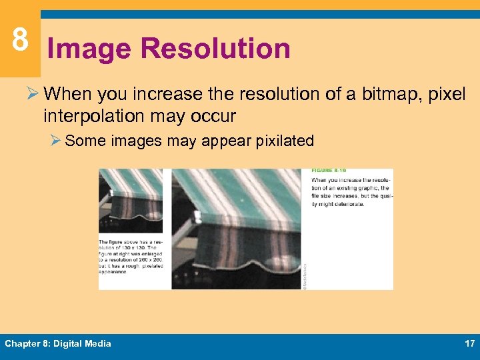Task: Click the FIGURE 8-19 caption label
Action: coord(325,171)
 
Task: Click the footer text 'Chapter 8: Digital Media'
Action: coord(58,343)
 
